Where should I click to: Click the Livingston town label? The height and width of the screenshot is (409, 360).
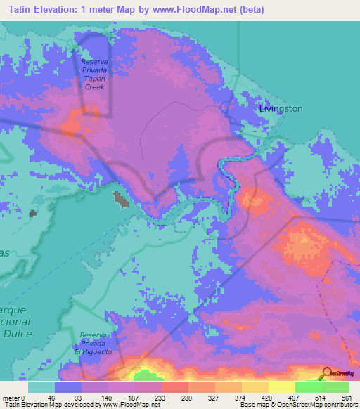pos(281,109)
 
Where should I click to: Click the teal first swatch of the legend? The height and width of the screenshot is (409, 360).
pos(41,387)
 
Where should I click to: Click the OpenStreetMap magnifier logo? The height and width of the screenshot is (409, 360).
pos(328,373)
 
